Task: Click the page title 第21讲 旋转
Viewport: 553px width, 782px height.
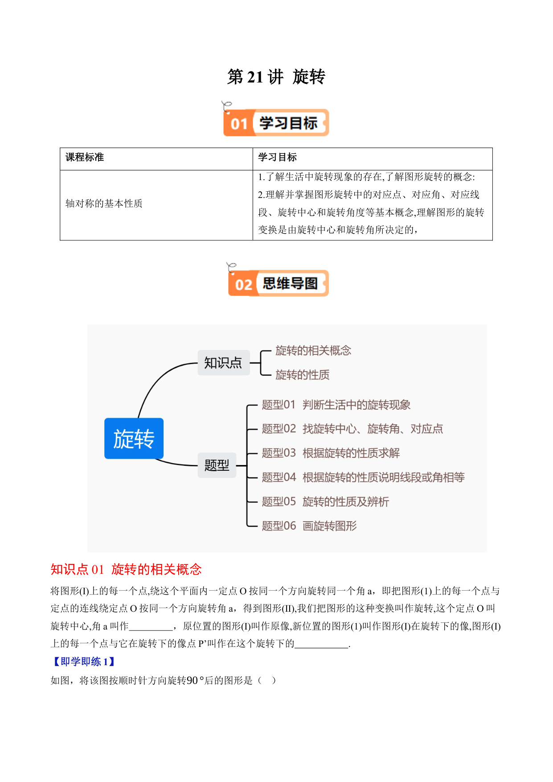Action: click(276, 77)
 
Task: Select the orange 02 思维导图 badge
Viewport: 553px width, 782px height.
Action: click(279, 283)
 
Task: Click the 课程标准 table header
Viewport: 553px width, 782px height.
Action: click(85, 157)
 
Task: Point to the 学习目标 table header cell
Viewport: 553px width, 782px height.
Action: click(277, 157)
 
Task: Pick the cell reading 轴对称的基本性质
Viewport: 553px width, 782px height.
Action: click(104, 204)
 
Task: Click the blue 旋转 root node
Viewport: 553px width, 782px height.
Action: click(134, 439)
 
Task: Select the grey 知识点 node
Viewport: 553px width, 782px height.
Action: click(223, 362)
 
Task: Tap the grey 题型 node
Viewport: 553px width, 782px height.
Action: click(217, 465)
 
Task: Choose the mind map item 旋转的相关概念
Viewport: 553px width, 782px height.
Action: click(313, 350)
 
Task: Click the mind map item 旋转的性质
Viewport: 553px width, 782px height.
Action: click(303, 375)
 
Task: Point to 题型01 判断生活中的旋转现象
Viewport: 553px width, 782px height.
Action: click(336, 405)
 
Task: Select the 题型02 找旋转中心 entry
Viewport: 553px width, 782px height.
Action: click(352, 429)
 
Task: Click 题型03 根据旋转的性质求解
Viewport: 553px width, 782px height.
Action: click(331, 453)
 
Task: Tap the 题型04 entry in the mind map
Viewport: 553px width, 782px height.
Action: click(363, 477)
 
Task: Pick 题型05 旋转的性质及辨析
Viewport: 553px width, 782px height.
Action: click(325, 502)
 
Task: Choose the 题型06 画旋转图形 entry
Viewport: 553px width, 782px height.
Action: click(309, 526)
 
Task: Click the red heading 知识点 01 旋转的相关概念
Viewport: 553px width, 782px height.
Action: click(126, 569)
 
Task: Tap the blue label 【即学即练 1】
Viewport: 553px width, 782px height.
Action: click(83, 662)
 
